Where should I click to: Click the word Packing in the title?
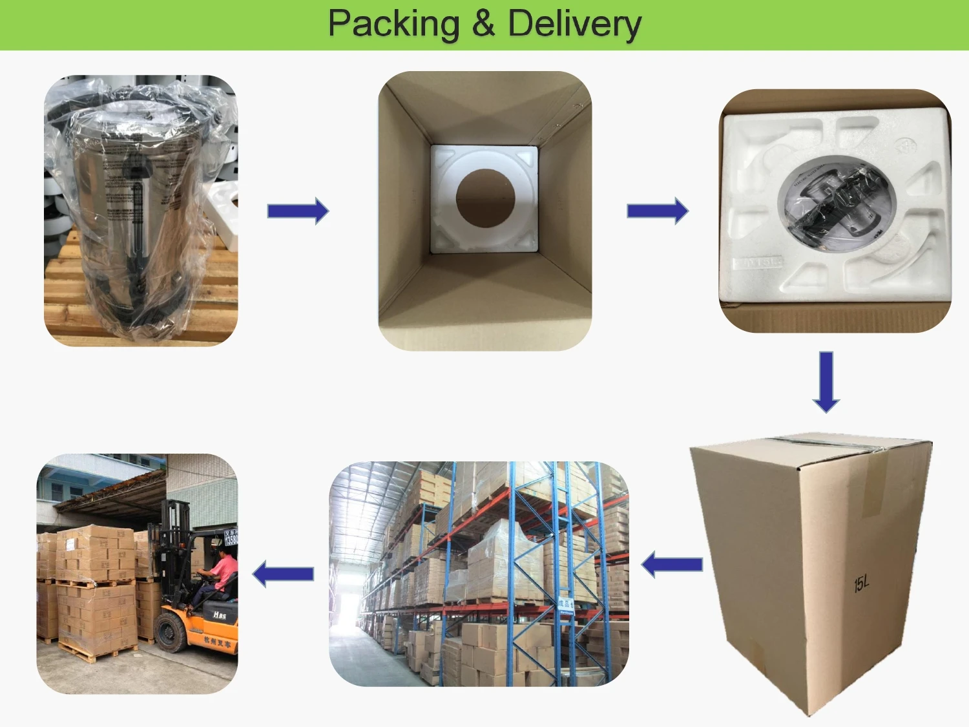[393, 25]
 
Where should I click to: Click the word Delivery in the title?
[574, 25]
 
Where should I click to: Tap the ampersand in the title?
[483, 25]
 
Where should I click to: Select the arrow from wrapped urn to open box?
[298, 211]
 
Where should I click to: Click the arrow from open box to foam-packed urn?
[658, 211]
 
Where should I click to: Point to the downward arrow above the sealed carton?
[826, 382]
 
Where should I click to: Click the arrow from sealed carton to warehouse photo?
[672, 565]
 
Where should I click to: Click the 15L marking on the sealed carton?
[861, 584]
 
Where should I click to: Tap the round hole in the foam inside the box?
[485, 198]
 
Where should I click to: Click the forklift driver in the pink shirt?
[222, 572]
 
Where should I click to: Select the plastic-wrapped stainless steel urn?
[139, 213]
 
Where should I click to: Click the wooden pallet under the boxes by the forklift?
[97, 651]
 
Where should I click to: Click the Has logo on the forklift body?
[220, 615]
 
